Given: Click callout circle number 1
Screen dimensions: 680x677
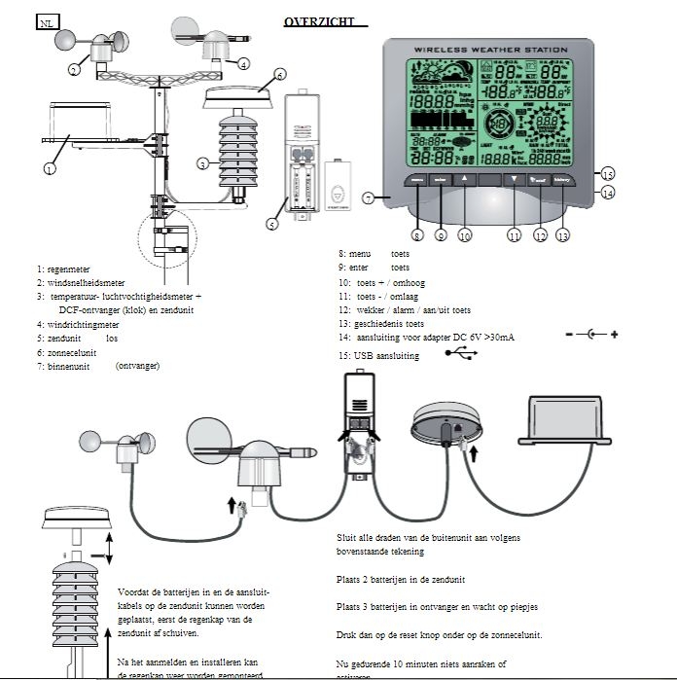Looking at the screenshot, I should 49,168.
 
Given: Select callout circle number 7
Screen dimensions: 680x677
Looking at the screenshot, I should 368,197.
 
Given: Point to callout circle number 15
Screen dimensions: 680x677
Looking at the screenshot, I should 607,175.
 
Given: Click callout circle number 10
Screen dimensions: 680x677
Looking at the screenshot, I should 465,234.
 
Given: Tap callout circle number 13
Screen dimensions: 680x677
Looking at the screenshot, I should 562,234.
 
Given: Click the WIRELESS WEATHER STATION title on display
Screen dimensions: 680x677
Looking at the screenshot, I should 489,49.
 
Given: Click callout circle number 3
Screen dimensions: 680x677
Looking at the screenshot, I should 202,163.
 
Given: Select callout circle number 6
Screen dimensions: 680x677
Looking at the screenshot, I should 279,74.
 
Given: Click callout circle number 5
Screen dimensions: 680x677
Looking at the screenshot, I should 272,224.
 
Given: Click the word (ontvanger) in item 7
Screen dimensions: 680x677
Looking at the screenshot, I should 137,366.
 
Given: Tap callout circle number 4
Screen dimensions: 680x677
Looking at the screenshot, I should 243,64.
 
